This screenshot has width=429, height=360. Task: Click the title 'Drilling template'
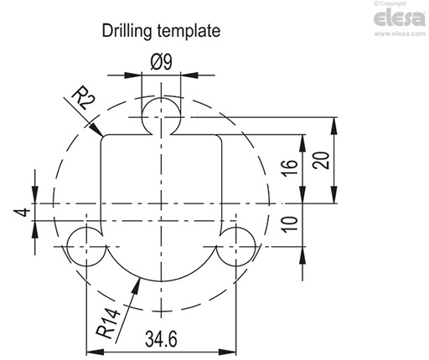tap(161, 32)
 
